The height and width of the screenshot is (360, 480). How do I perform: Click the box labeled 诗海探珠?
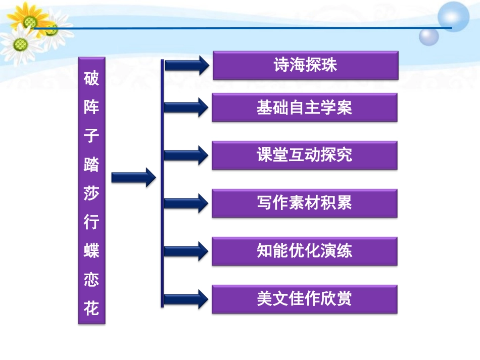tap(305, 65)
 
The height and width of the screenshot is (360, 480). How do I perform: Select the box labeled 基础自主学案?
tap(304, 108)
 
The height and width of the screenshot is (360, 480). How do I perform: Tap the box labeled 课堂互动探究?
tap(304, 155)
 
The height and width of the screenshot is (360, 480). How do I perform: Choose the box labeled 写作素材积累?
tap(304, 203)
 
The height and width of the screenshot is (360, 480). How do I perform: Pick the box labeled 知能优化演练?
tap(304, 251)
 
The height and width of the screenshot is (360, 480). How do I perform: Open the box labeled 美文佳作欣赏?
tap(304, 299)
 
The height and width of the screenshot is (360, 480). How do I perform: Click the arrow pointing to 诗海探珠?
tap(186, 65)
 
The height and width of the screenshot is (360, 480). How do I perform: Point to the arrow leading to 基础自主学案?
tap(186, 107)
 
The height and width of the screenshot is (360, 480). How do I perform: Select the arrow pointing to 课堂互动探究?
tap(186, 155)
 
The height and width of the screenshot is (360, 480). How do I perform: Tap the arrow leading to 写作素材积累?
tap(186, 203)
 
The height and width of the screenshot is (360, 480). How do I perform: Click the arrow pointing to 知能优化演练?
tap(186, 251)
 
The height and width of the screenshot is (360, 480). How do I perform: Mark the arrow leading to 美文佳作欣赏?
tap(186, 299)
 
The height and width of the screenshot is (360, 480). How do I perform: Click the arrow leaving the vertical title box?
tap(133, 177)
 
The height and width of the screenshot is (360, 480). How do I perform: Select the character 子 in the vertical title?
tap(91, 137)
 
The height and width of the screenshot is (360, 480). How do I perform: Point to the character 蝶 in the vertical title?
tap(91, 251)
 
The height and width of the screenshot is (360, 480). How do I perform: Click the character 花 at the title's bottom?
tap(91, 307)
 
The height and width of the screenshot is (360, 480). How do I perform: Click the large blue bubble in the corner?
tap(453, 17)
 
